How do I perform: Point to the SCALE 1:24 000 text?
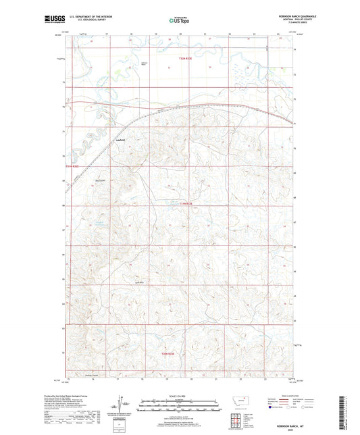coord(179,396)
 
